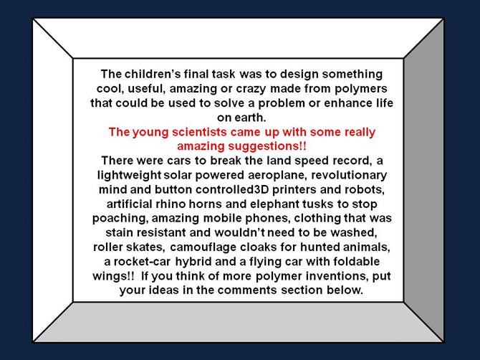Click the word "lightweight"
coord(129,175)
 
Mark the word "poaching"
coord(120,219)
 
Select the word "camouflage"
coord(203,247)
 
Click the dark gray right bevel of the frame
coord(423,180)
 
